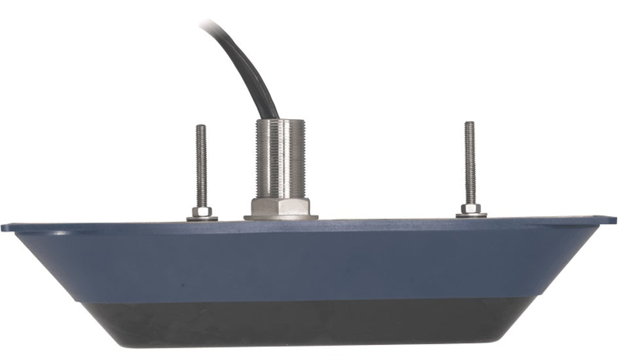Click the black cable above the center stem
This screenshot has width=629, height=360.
[x=252, y=72]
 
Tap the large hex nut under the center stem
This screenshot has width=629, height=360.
[x=281, y=207]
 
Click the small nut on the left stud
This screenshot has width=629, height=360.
[x=202, y=211]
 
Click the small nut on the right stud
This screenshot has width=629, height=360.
[x=470, y=208]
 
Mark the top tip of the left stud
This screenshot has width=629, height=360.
[x=201, y=127]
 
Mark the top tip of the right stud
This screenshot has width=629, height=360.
[x=469, y=124]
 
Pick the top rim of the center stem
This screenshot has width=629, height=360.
[x=280, y=121]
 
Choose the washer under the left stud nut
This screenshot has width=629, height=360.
[x=202, y=218]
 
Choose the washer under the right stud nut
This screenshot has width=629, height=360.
[x=471, y=215]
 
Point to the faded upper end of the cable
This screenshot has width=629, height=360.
[x=208, y=25]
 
